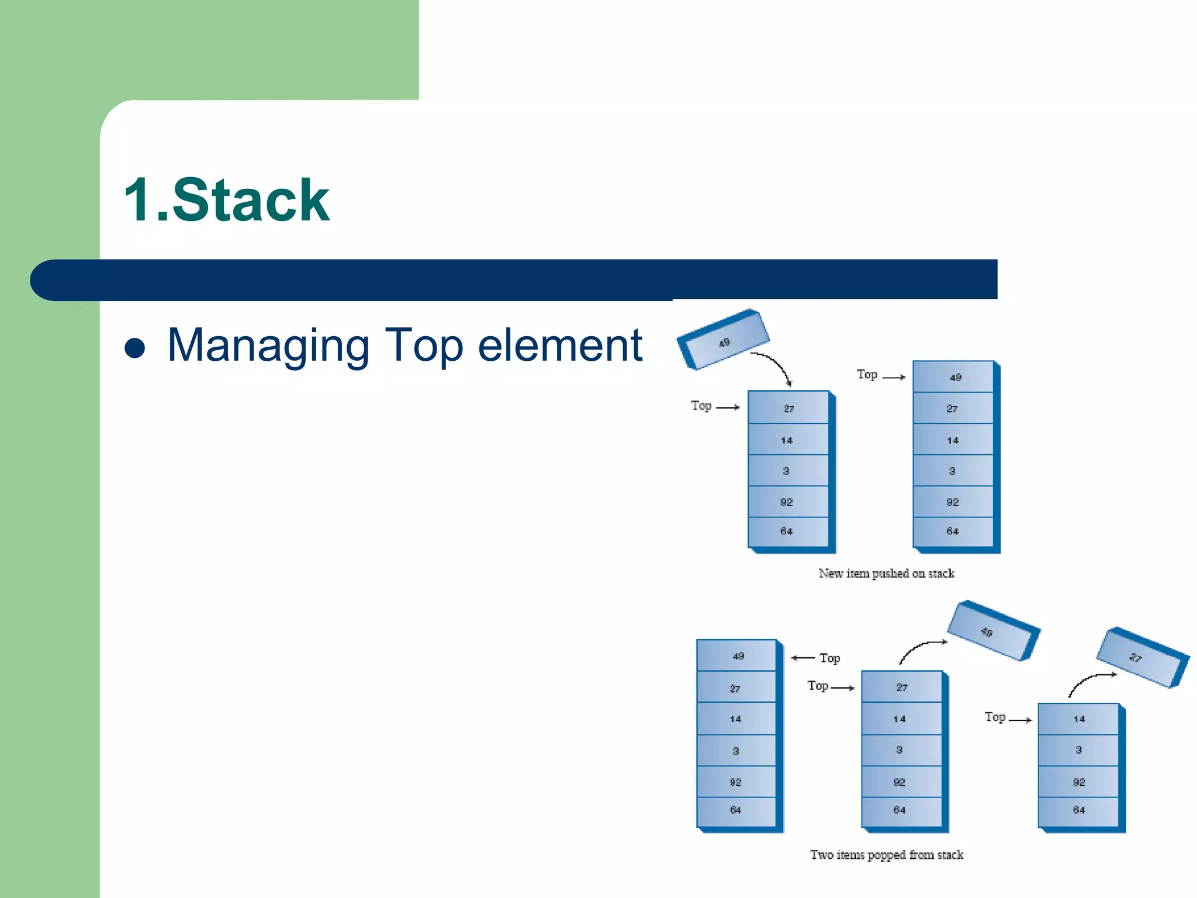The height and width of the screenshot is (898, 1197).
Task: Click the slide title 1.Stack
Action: pos(227,201)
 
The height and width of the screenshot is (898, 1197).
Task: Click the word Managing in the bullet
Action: pos(268,346)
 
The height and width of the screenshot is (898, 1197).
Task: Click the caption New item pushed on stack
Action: pos(886,574)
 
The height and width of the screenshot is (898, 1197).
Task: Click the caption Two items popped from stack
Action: pos(886,855)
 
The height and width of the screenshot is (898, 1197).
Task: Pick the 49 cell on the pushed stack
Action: pos(954,377)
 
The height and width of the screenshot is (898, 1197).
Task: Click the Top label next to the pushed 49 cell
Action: pos(867,375)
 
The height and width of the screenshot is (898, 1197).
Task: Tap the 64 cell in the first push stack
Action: pos(787,531)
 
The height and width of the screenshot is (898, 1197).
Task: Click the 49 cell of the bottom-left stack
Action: pos(736,656)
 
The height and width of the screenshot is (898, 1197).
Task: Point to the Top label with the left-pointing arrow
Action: pos(829,658)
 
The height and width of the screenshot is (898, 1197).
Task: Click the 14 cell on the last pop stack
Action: pos(1078,719)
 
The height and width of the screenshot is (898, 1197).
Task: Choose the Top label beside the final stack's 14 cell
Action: pos(995,717)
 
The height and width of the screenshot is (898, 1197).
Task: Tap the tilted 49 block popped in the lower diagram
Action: pos(991,631)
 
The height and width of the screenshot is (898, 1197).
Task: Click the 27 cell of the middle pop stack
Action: pos(902,687)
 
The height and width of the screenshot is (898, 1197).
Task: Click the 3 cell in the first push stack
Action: pos(787,471)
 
